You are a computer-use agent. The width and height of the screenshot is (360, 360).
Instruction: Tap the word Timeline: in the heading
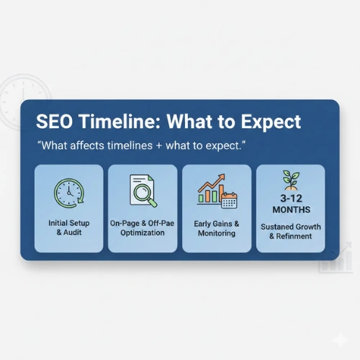pyautogui.click(x=120, y=121)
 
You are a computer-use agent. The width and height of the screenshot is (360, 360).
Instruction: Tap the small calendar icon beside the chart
pyautogui.click(x=229, y=200)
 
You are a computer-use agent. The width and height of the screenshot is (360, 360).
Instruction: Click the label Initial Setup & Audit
pyautogui.click(x=70, y=228)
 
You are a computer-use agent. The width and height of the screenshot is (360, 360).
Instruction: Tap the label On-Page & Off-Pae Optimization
pyautogui.click(x=143, y=228)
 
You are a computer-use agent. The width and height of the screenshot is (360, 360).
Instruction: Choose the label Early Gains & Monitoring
pyautogui.click(x=217, y=228)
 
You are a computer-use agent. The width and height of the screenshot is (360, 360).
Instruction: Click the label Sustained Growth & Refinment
pyautogui.click(x=291, y=230)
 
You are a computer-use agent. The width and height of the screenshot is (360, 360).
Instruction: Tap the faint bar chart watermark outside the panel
pyautogui.click(x=334, y=259)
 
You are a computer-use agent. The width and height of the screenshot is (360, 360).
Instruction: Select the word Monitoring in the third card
pyautogui.click(x=217, y=233)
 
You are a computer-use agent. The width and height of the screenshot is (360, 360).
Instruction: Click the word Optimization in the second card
pyautogui.click(x=143, y=233)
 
